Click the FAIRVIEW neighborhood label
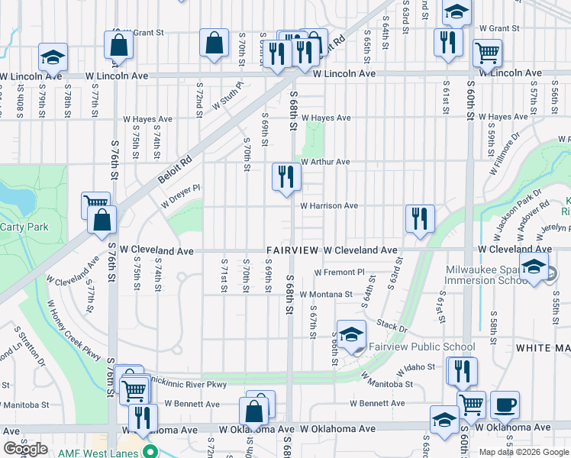[292, 250]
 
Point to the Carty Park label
[24, 227]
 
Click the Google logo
[25, 449]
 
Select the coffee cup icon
[505, 405]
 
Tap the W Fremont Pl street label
[340, 273]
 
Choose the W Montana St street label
[326, 294]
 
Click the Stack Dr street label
[392, 326]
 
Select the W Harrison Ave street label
[329, 206]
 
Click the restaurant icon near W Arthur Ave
[287, 177]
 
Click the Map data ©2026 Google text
[524, 452]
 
